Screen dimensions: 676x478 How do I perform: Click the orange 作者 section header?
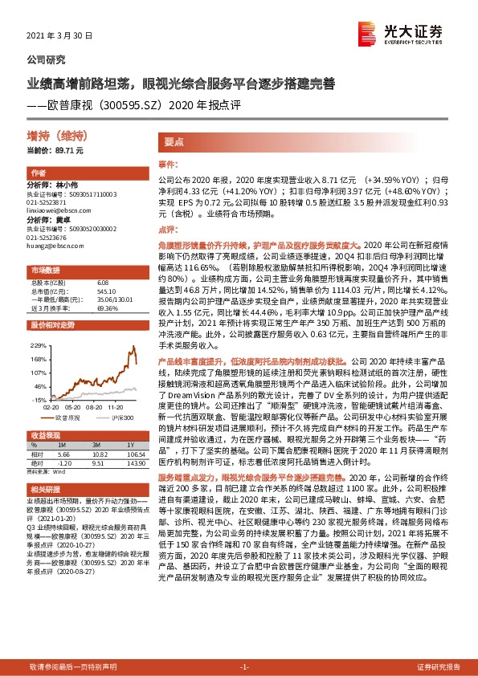click(37, 173)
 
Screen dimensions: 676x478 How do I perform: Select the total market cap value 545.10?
click(106, 290)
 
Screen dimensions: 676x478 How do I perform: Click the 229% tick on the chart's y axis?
click(37, 345)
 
